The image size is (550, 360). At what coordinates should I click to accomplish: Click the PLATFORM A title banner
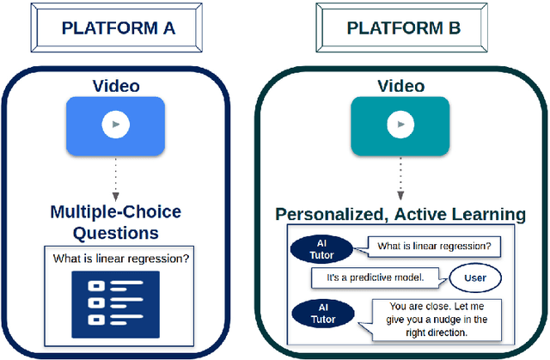tap(119, 27)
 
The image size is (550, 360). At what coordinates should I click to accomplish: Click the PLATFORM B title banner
tap(402, 27)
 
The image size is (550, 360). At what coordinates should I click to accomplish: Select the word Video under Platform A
tap(115, 86)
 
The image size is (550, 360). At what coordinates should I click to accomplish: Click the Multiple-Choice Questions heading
tap(115, 222)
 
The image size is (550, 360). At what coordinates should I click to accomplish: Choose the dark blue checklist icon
tap(115, 302)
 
